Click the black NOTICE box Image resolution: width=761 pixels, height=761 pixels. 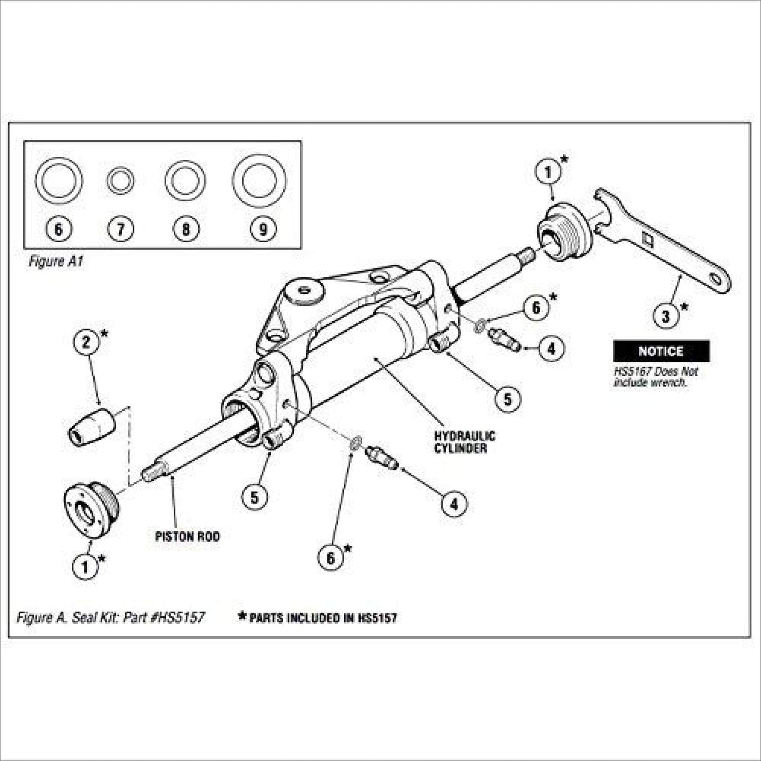[x=661, y=351]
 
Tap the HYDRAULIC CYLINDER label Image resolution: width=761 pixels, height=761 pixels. [x=464, y=442]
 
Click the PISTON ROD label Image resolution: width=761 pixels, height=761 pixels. [x=187, y=537]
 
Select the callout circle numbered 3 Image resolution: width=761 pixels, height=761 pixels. [x=666, y=316]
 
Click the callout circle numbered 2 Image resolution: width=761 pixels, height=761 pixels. [x=86, y=342]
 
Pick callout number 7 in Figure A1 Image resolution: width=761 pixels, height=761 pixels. [x=120, y=229]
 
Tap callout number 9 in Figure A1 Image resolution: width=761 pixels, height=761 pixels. [x=263, y=229]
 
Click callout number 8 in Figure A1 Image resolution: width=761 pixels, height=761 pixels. [x=186, y=229]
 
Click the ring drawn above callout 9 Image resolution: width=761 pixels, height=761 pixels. [x=259, y=181]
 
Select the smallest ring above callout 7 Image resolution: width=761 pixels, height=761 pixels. [x=120, y=181]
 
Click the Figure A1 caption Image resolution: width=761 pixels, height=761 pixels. [x=56, y=262]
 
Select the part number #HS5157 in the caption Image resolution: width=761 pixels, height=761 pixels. [x=178, y=618]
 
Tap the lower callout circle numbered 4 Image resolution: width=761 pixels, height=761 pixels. [x=454, y=504]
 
